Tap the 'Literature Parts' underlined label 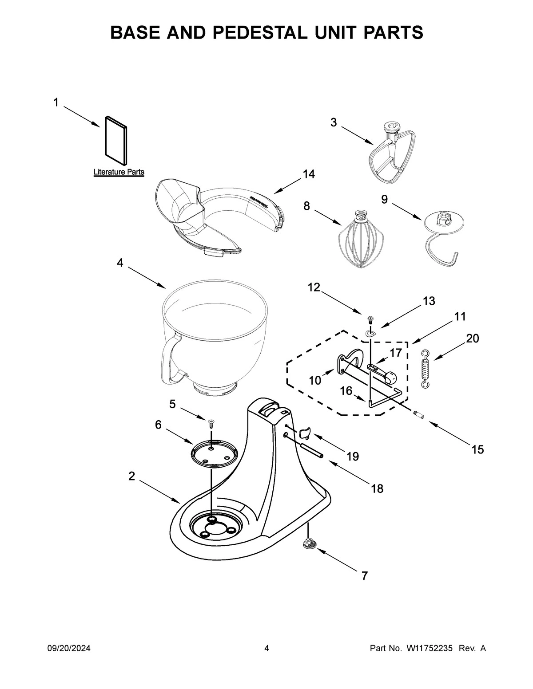(119, 172)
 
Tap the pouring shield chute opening (178, 204)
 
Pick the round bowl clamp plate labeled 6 (214, 454)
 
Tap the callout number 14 (309, 174)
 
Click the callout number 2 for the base (131, 476)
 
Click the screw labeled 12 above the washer (370, 319)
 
